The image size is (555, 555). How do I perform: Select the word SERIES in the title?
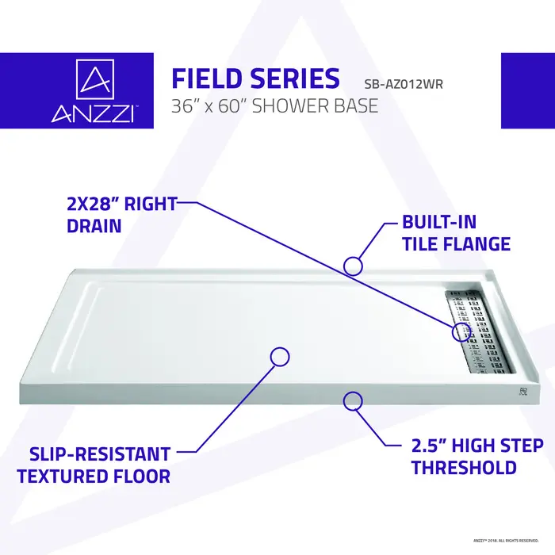[298, 79]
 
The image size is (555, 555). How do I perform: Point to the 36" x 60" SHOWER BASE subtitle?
[275, 105]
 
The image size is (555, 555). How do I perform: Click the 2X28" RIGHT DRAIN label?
[121, 214]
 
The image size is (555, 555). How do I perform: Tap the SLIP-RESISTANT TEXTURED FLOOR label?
[94, 465]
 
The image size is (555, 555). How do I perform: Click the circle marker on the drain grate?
[461, 332]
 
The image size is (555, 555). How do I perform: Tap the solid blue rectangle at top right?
[527, 90]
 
